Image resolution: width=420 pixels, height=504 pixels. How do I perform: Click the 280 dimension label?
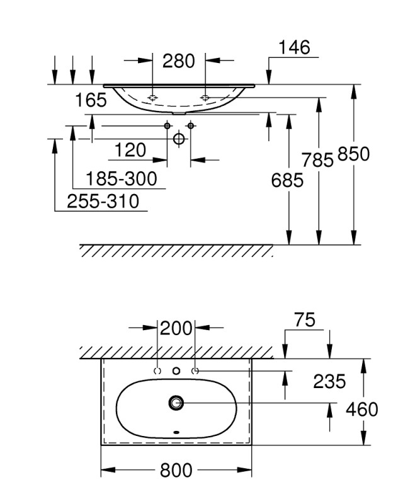point(178,61)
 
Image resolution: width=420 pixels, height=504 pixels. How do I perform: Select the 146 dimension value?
point(294,48)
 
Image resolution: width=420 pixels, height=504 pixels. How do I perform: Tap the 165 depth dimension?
point(91,100)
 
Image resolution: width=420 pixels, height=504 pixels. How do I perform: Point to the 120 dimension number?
point(130,151)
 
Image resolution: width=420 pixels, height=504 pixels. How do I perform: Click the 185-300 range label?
point(122,179)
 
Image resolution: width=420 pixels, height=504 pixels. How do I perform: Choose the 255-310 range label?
point(103,201)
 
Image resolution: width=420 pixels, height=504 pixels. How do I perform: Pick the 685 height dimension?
point(287,180)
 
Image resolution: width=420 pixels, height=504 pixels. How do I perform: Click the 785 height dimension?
point(317,160)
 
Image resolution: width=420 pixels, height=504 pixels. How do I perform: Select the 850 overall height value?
point(353,154)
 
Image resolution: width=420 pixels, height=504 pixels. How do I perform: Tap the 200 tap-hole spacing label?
point(176,328)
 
